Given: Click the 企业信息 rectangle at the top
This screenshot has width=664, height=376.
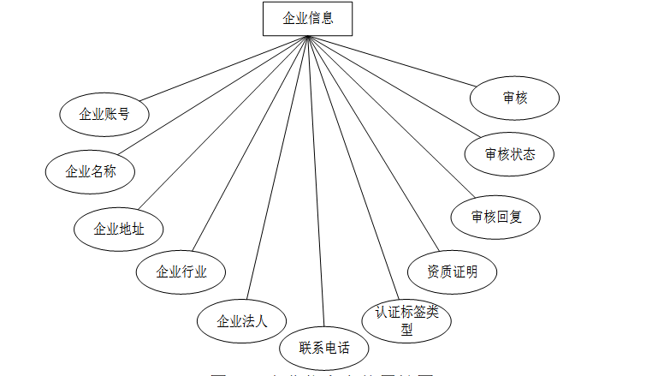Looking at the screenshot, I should [307, 18].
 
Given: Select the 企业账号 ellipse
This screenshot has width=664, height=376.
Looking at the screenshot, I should [104, 114].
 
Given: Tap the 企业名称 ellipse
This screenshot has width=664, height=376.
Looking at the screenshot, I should [91, 170].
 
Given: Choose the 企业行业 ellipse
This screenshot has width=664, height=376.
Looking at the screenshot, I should [181, 272].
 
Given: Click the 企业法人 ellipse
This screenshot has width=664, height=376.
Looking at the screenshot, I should [242, 322].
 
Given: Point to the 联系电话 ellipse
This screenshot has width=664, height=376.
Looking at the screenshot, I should [323, 348].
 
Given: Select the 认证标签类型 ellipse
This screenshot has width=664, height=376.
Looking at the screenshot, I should [406, 320].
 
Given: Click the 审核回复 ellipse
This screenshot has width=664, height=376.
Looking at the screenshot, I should [496, 217].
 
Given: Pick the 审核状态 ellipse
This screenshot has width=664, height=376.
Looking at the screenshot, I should [510, 154].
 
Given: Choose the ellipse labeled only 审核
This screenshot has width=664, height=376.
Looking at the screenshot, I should [515, 98].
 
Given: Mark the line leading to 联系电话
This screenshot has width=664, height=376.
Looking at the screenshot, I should [317, 188].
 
